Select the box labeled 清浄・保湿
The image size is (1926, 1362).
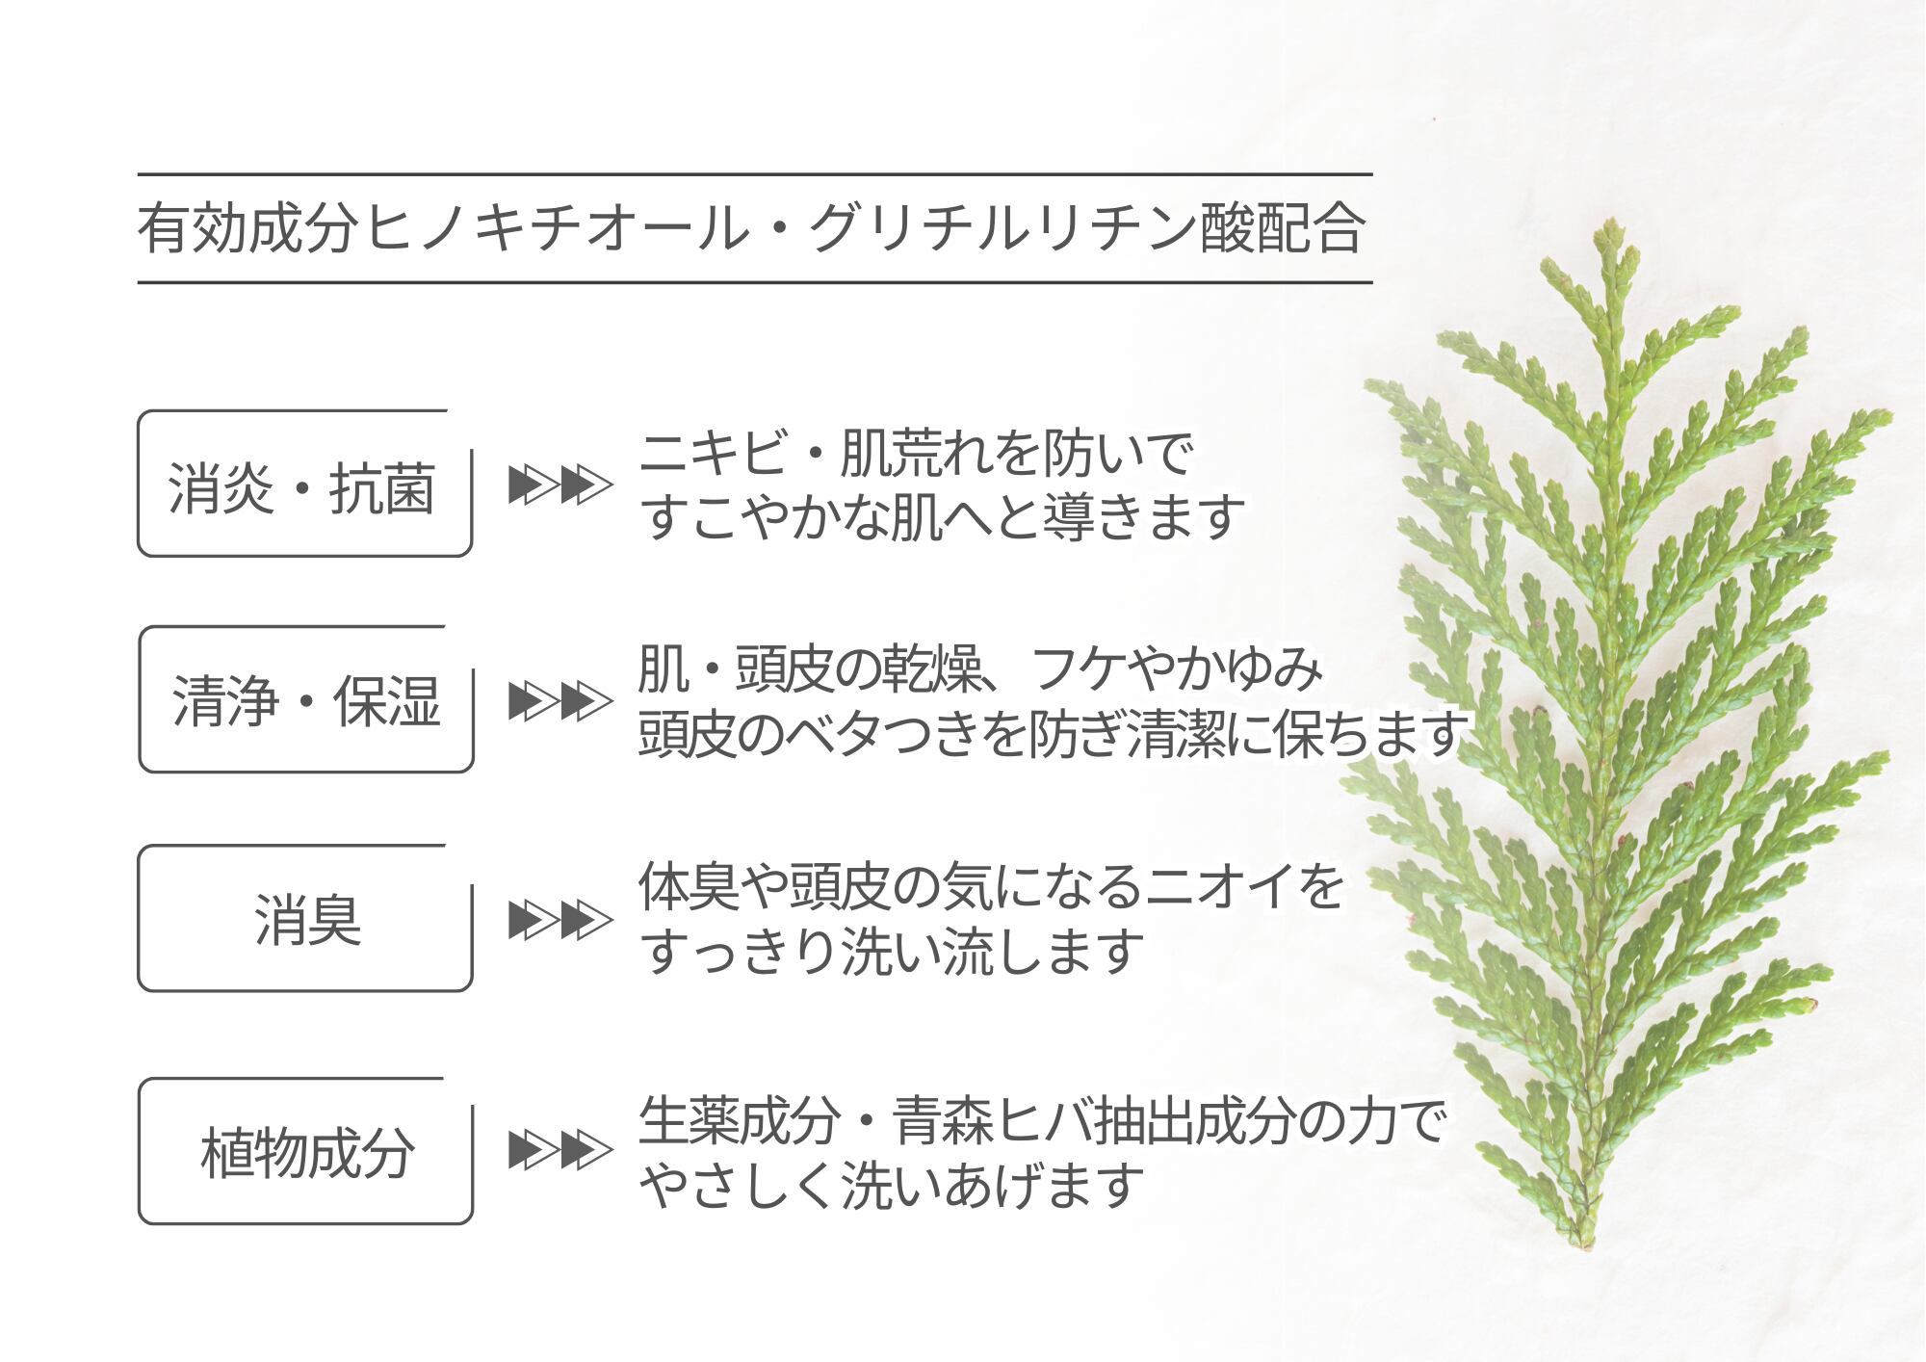(305, 700)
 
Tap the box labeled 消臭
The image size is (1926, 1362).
(305, 919)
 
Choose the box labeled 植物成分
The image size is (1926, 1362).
(305, 1152)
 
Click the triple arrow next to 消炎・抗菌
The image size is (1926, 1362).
(560, 485)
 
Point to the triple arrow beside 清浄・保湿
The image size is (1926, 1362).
(560, 700)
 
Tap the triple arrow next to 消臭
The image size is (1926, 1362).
(560, 920)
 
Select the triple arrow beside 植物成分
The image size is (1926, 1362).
(560, 1150)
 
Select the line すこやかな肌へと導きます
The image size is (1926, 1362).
(942, 517)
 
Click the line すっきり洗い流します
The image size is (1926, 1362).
(892, 951)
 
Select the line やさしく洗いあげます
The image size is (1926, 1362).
(892, 1186)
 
